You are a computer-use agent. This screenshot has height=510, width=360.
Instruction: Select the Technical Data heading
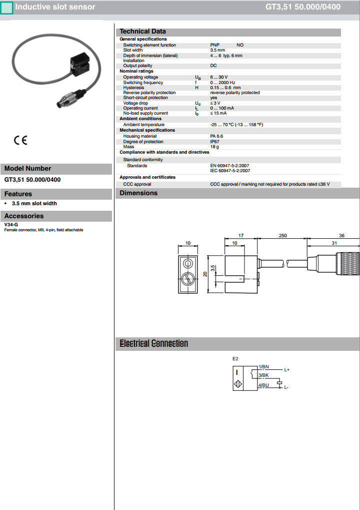pos(142,32)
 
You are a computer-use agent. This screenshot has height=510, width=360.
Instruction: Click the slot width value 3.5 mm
pos(217,50)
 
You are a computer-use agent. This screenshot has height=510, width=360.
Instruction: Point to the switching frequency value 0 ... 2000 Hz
pos(223,83)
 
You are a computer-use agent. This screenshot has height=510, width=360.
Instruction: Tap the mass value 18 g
pos(214,147)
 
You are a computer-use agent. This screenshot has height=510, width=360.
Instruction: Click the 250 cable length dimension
pos(282,236)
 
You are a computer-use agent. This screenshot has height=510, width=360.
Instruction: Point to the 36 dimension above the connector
pos(341,236)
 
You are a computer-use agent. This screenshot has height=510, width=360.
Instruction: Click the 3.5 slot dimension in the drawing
pos(212,269)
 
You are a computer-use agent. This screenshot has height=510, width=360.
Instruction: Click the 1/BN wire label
pos(263,367)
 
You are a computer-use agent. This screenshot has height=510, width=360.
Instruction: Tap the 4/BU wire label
pos(263,385)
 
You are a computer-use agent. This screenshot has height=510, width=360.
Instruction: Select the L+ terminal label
pos(287,370)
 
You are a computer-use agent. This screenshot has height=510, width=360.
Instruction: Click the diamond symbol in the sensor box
pos(236,384)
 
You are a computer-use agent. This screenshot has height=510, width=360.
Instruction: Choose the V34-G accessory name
pos(11,225)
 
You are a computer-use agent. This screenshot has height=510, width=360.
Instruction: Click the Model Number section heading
pos(28,169)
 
